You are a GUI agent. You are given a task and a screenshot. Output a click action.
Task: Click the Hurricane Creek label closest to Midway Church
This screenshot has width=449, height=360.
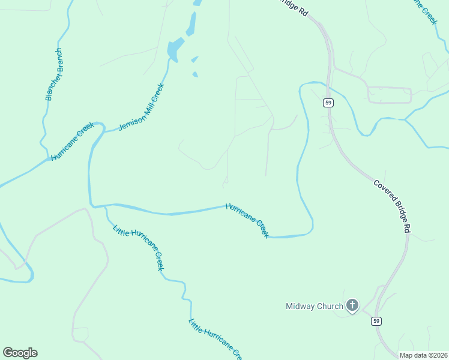coord(247,220)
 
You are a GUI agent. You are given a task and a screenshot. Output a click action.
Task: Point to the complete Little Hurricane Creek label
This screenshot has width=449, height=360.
coord(138,247)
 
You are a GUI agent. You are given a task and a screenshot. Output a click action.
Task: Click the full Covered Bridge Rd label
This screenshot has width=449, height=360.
coord(392,206)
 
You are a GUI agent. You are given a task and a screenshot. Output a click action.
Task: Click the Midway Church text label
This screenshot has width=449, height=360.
coord(314,307)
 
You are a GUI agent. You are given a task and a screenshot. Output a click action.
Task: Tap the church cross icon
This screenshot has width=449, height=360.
coord(352,306)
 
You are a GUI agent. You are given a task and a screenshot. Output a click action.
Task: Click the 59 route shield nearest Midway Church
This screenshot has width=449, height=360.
coord(376,321)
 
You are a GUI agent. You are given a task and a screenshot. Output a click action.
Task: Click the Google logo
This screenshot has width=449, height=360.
coord(20,353)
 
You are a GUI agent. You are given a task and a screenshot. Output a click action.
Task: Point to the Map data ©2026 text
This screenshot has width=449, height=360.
coord(424,355)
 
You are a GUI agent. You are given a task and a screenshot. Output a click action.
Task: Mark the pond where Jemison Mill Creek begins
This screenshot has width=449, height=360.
coord(175,49)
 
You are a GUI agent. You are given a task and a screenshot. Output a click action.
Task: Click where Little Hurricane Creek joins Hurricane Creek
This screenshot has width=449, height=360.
coord(105,206)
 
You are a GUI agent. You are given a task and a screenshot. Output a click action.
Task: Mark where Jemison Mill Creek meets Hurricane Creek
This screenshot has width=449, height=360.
coord(104,128)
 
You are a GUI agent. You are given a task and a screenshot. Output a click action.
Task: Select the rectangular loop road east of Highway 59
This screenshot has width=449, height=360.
coord(389,95)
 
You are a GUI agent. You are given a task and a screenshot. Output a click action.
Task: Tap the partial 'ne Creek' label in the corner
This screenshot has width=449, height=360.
coord(423,11)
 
